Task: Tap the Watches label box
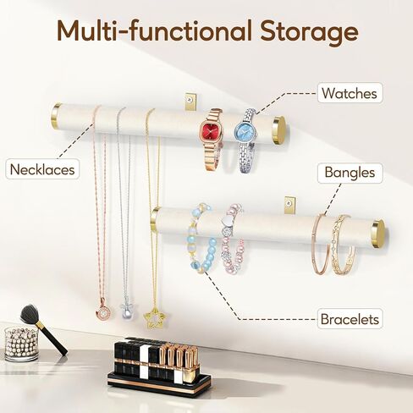coord(350,93)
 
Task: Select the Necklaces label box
coord(42,169)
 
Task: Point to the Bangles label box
coord(350,173)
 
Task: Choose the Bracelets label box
coord(350,319)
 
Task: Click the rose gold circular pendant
coord(102,311)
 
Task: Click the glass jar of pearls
coord(21,344)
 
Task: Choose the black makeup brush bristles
coord(29,313)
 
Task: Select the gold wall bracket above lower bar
coord(290,205)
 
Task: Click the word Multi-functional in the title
coord(155,30)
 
